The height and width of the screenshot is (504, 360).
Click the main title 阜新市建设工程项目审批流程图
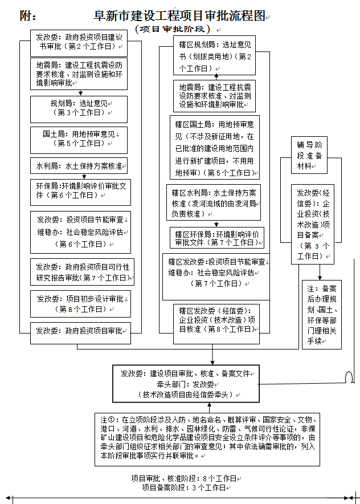tap(179, 17)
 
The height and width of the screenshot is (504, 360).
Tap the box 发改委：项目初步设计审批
tap(80, 304)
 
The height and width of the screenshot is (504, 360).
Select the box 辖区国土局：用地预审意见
tap(214, 148)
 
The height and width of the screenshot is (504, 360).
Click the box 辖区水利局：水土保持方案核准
tap(213, 202)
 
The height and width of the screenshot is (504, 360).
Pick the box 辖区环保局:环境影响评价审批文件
tap(216, 238)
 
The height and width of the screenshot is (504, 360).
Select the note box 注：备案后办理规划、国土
tap(321, 314)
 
